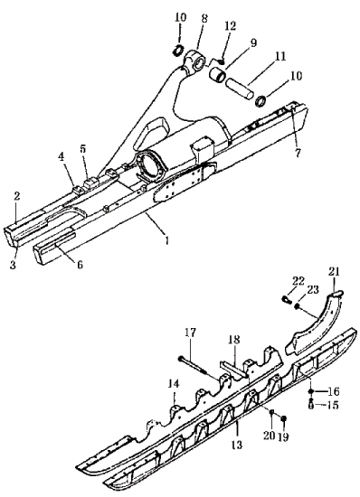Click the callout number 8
[204, 18]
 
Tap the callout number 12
[231, 26]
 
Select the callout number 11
[279, 56]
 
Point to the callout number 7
[298, 153]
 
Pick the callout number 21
[334, 272]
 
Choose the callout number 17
[190, 333]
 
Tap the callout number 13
[237, 445]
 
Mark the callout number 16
[333, 391]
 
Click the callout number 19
[283, 437]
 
